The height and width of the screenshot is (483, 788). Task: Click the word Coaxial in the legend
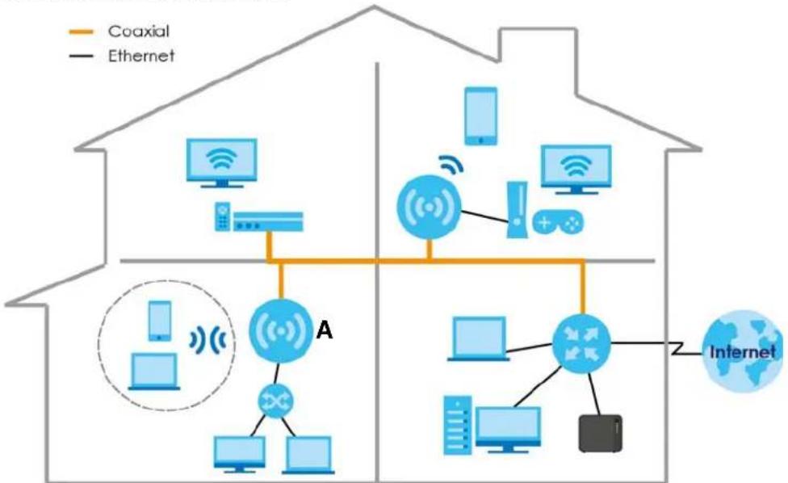pos(139,31)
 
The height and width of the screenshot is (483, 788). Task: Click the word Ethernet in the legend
pos(141,55)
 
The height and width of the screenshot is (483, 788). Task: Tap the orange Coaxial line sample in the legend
pos(81,32)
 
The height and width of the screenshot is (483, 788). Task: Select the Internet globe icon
pos(743,351)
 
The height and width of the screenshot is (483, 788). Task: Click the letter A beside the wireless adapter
pos(325,330)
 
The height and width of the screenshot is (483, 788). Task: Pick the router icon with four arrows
pos(581,344)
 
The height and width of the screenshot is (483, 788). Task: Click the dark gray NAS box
pos(600,433)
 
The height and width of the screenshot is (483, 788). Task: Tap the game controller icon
pos(558,222)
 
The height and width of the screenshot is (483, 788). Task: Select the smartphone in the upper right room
pos(481,116)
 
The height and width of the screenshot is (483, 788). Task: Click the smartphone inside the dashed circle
pos(160,321)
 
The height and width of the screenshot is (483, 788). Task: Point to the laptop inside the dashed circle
pos(153,372)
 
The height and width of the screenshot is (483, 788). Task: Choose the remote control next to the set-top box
pos(223,216)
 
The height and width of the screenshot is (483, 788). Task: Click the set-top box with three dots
pos(268,221)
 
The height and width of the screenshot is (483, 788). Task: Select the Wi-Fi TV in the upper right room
pos(576,170)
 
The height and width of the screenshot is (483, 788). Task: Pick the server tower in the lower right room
pos(458,425)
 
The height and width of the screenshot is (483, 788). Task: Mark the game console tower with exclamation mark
pos(517,209)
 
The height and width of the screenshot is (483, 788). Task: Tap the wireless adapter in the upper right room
pos(429,207)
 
